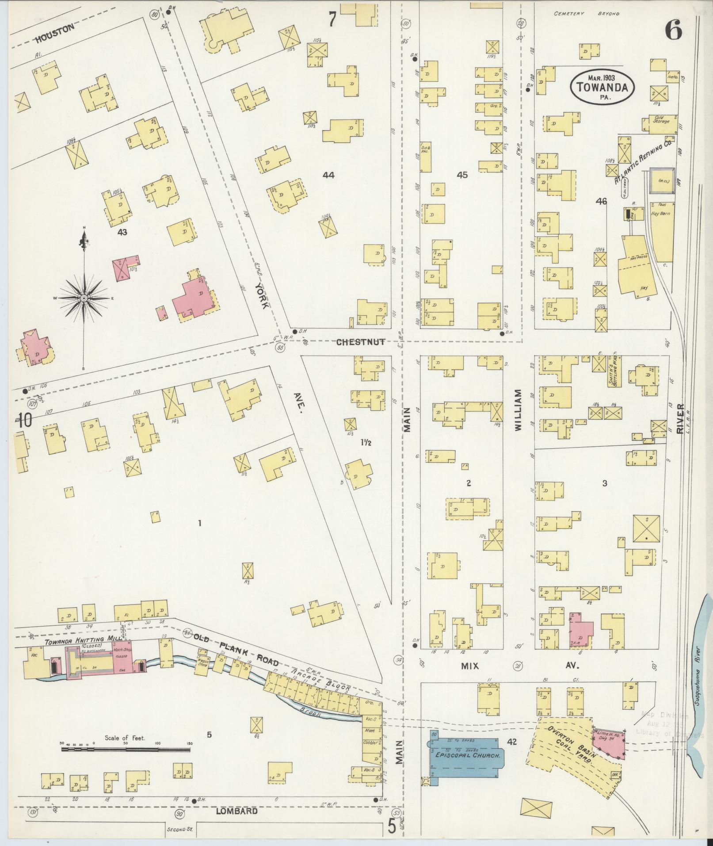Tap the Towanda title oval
[602, 87]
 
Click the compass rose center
[84, 299]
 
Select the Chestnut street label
[360, 342]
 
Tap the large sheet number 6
[673, 30]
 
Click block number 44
[328, 175]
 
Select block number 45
[462, 175]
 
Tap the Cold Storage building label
[661, 119]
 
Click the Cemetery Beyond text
[587, 14]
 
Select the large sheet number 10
[25, 420]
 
